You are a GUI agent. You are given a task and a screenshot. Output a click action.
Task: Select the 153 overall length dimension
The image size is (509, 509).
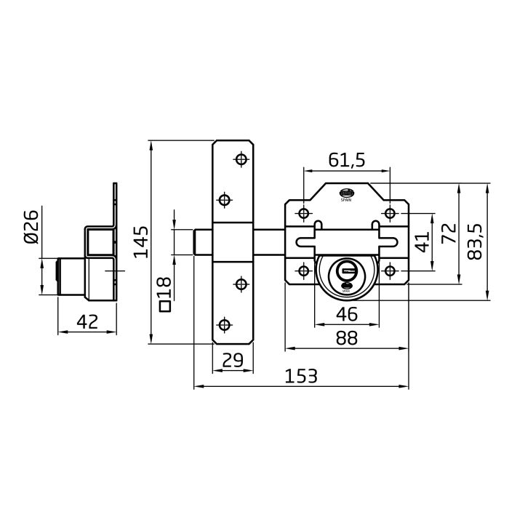[x=301, y=376]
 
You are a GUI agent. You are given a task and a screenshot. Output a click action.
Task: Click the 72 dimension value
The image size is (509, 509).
[x=449, y=233]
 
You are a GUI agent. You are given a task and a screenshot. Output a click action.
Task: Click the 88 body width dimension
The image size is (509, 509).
[x=346, y=338]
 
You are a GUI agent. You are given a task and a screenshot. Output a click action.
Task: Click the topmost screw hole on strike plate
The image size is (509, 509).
[x=241, y=159]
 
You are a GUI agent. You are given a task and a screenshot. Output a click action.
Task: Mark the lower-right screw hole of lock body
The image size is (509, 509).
[x=390, y=270]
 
